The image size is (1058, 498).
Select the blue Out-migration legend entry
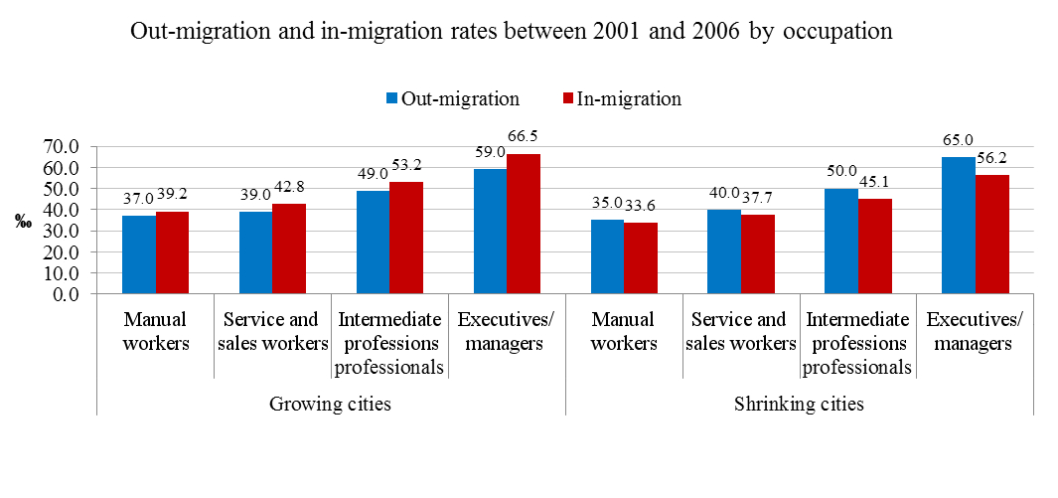pos(453,98)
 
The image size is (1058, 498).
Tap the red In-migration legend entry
pos(621,98)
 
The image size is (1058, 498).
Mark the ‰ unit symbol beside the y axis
pos(23,222)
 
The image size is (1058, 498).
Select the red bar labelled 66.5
pos(523,224)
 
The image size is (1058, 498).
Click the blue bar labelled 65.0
pos(959,225)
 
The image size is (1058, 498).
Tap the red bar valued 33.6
pos(641,258)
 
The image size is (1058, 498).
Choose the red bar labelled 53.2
pos(405,238)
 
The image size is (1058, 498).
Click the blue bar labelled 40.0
pos(724,251)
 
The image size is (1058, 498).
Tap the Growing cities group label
pos(330,405)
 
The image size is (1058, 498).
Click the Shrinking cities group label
pos(799,405)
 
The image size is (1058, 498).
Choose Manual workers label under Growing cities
pos(154,332)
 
